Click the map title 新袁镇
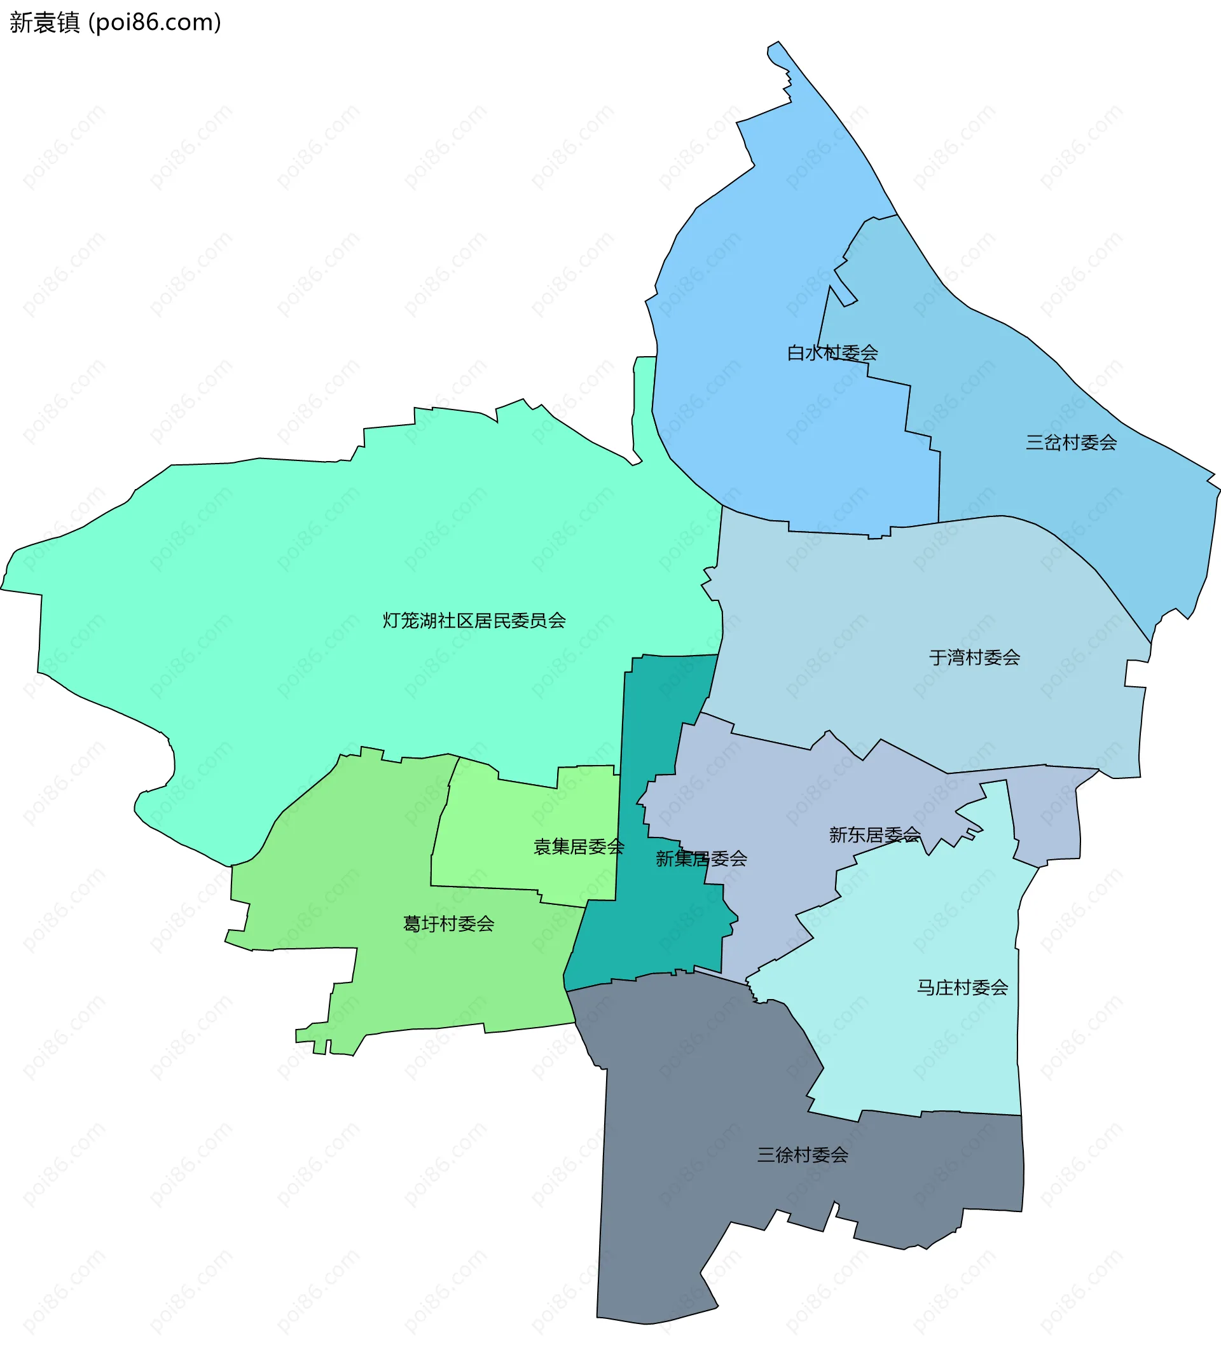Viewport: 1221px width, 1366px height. point(45,23)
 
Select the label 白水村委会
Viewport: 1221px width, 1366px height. point(832,353)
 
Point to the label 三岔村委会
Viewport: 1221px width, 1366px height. point(1071,443)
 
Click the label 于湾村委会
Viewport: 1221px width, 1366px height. point(974,658)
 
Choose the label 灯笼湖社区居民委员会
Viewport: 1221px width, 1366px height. point(474,621)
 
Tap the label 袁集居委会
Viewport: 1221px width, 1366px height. point(578,847)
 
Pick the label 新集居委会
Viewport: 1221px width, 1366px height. point(701,859)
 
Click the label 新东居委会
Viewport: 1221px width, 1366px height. point(874,835)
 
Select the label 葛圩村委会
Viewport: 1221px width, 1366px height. point(448,925)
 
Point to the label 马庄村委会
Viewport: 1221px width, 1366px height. point(962,988)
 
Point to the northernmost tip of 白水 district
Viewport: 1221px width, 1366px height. point(778,43)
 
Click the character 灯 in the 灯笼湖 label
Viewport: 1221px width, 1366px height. point(391,621)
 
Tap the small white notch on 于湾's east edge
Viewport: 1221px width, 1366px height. point(1136,673)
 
